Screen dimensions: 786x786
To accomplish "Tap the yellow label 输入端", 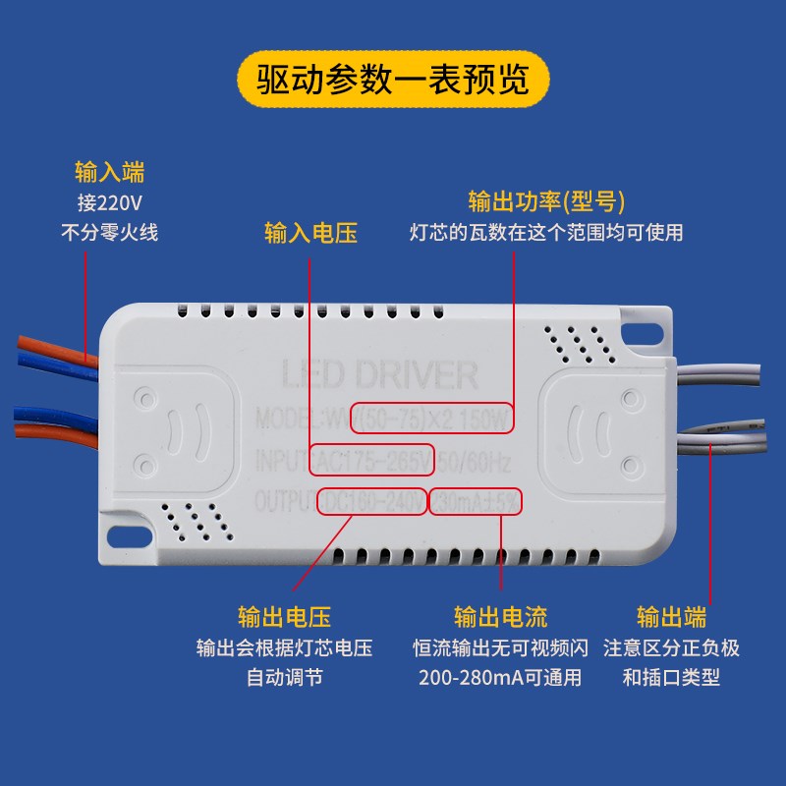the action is coord(110,173).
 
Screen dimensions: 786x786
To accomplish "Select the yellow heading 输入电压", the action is coord(310,233).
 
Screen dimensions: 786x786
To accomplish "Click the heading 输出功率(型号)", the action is coord(546,201).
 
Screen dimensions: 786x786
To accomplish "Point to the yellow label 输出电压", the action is coord(284,617).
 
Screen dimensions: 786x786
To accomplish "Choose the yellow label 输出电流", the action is coord(500,617).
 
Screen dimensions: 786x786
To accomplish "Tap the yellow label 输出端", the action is coord(671,617).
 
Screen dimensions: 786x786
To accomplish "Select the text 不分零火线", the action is coord(110,233).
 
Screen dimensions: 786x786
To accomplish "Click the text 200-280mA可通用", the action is coord(500,678).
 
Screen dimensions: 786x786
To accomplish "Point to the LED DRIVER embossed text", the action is coord(379,375).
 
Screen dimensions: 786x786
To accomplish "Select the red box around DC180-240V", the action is coord(371,502).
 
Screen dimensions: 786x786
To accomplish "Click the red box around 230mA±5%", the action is coord(477,502).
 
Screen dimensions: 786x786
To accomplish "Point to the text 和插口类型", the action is coord(671,678).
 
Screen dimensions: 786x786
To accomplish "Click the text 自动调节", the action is coord(284,678).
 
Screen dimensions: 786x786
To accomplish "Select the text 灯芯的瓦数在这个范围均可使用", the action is coord(546,233).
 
